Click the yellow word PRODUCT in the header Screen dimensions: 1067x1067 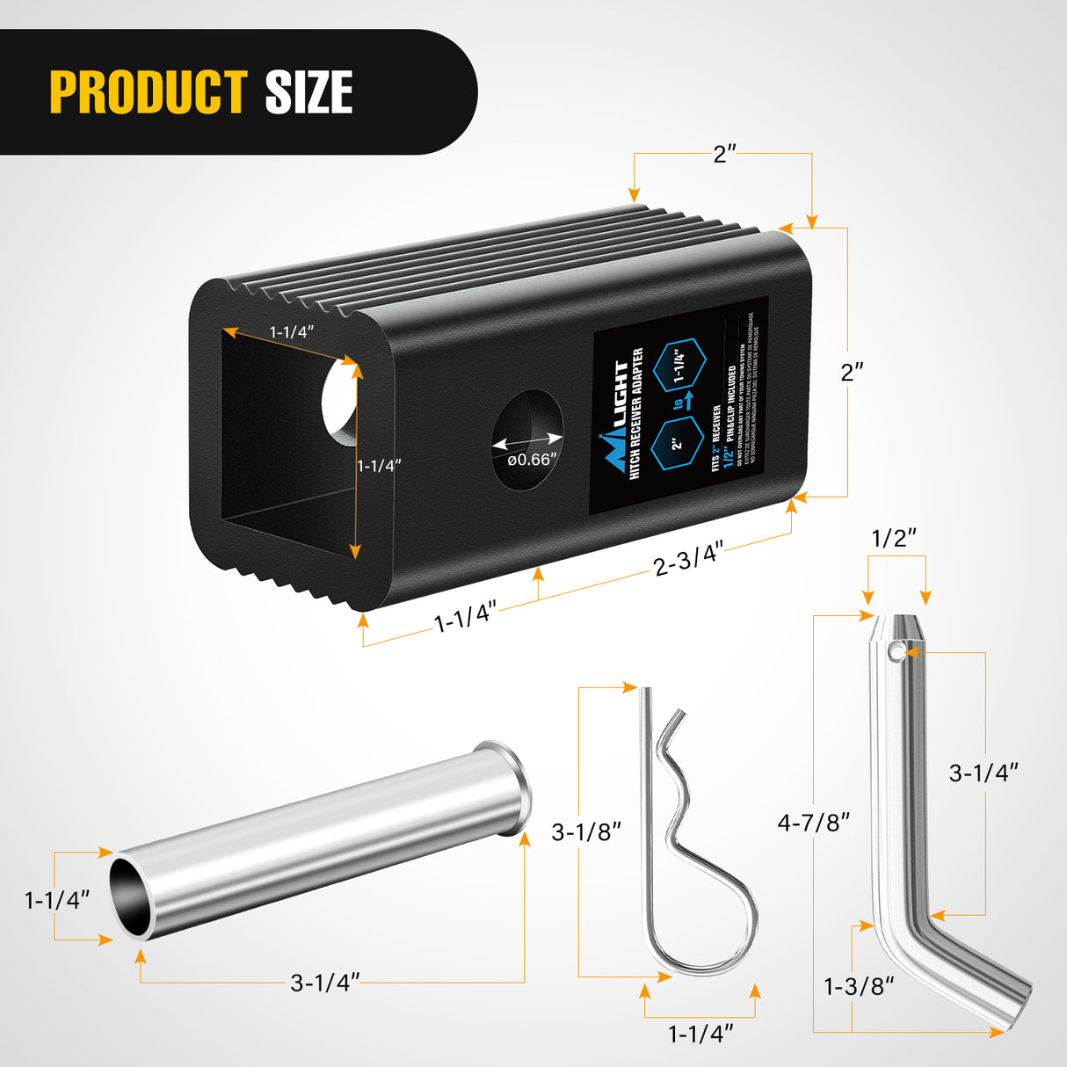point(148,92)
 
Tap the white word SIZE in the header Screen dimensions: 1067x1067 point(308,92)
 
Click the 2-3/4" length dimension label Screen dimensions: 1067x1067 point(688,559)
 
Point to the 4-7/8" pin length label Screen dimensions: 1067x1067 point(814,823)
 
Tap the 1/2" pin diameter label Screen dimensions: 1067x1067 point(895,538)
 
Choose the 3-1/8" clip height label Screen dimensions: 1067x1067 point(586,831)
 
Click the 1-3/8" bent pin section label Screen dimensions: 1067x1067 point(859,986)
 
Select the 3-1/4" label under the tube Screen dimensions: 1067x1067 point(325,982)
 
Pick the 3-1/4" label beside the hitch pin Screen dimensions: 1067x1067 point(984,773)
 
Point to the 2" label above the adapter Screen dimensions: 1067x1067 point(723,155)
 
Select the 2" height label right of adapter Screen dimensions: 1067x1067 point(853,372)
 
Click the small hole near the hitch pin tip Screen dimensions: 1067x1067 point(895,651)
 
